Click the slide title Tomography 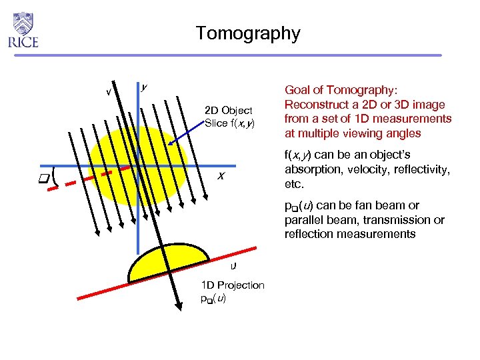[x=248, y=33]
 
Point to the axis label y [x=145, y=87]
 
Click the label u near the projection [x=232, y=265]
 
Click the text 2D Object [x=228, y=110]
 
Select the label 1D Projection [x=232, y=285]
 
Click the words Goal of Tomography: [x=341, y=90]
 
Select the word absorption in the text [x=312, y=169]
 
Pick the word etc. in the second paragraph [x=294, y=183]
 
